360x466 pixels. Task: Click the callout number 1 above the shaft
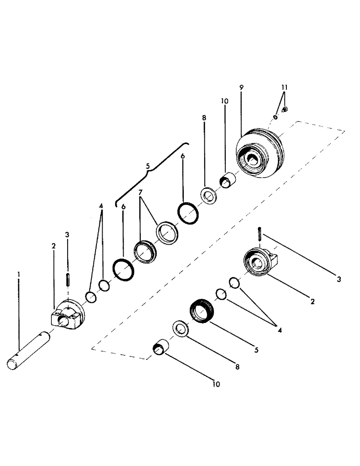pos(18,275)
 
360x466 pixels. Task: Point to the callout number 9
pos(241,88)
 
